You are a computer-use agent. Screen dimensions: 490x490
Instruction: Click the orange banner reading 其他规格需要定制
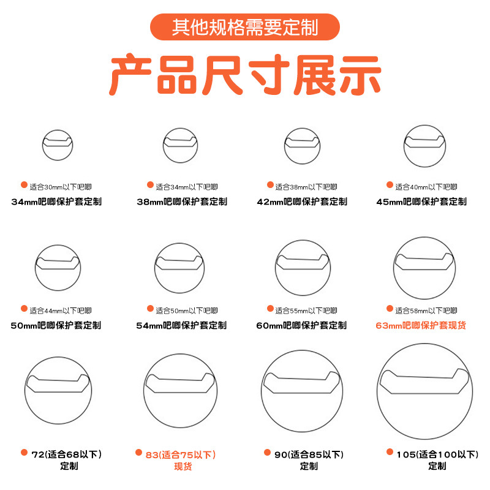pyautogui.click(x=244, y=27)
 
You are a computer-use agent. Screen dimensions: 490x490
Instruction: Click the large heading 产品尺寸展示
pyautogui.click(x=245, y=75)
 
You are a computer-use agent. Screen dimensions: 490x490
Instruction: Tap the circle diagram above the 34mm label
pyautogui.click(x=58, y=130)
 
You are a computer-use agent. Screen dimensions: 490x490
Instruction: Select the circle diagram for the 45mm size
pyautogui.click(x=424, y=126)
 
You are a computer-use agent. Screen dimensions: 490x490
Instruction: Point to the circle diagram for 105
pyautogui.click(x=424, y=344)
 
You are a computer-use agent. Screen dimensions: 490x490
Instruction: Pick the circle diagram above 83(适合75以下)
pyautogui.click(x=180, y=354)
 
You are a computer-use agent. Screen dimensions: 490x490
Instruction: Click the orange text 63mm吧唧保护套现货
pyautogui.click(x=421, y=325)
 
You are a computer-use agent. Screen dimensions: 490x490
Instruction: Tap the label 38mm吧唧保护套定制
pyautogui.click(x=182, y=202)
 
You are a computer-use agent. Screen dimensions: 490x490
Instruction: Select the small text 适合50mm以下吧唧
pyautogui.click(x=187, y=311)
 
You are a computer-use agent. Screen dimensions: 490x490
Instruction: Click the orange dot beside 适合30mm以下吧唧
pyautogui.click(x=24, y=185)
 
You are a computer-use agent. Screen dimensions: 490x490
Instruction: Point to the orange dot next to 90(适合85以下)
pyautogui.click(x=267, y=452)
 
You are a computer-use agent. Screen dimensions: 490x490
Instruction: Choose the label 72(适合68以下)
pyautogui.click(x=67, y=454)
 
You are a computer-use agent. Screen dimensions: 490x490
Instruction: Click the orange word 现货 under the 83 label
pyautogui.click(x=183, y=467)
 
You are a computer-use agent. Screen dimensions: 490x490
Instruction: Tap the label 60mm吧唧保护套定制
pyautogui.click(x=301, y=325)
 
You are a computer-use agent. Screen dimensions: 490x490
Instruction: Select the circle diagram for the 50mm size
pyautogui.click(x=58, y=246)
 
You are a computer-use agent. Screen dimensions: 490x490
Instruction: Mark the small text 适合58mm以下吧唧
pyautogui.click(x=426, y=311)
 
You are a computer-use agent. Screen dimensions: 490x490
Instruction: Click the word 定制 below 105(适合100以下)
pyautogui.click(x=437, y=466)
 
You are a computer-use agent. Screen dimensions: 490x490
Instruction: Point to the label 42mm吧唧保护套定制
pyautogui.click(x=302, y=202)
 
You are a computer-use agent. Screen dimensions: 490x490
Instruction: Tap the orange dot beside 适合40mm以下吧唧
pyautogui.click(x=390, y=185)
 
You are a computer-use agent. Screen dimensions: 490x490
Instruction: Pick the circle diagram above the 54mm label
pyautogui.click(x=179, y=244)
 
